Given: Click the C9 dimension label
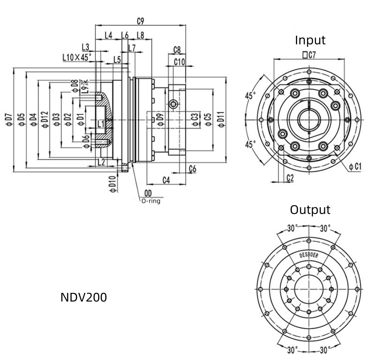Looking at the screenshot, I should click(x=140, y=21).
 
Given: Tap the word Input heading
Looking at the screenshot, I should click(x=310, y=40).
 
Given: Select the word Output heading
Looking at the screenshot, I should click(x=310, y=209).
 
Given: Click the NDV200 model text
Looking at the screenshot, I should click(x=84, y=297).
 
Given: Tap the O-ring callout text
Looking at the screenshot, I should click(x=150, y=201).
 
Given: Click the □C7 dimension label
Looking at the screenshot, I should click(x=309, y=54).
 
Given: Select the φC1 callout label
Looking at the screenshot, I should click(x=355, y=167).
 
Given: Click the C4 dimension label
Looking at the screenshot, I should click(x=166, y=180).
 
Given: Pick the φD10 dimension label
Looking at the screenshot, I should click(x=112, y=184).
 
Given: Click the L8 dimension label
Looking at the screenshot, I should click(x=140, y=36).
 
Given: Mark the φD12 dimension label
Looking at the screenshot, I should click(x=45, y=120).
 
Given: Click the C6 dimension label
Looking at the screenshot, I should click(x=192, y=168).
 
